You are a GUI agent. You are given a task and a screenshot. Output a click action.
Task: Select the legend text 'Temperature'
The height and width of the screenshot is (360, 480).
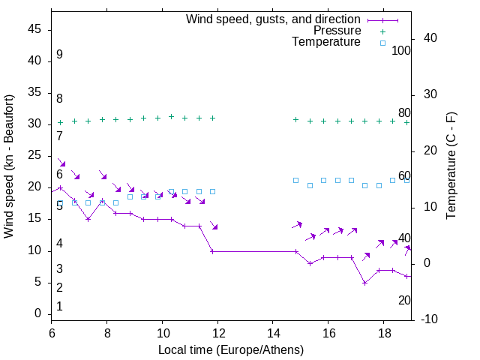click(x=326, y=43)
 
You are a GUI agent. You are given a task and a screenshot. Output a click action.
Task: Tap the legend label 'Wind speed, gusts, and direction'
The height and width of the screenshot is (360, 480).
click(x=273, y=19)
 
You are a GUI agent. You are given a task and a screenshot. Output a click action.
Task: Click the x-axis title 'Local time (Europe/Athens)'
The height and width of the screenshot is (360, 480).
click(x=231, y=349)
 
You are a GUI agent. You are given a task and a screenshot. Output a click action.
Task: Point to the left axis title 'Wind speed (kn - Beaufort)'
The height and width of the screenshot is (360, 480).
click(x=9, y=166)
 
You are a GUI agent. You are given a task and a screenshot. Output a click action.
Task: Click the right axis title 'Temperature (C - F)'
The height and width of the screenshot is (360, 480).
click(x=451, y=166)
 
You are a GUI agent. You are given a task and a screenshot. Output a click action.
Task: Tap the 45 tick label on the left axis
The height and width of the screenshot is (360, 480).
click(x=34, y=29)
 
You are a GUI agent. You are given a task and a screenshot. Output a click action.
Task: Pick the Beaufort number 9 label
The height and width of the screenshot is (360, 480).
click(x=59, y=55)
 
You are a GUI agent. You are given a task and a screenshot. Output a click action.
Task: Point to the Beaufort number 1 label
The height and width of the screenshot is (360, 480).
click(x=59, y=307)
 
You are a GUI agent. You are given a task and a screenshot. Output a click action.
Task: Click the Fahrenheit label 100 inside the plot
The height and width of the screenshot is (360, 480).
click(x=402, y=50)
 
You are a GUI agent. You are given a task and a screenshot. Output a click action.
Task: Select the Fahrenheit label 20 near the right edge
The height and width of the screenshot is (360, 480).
click(x=404, y=301)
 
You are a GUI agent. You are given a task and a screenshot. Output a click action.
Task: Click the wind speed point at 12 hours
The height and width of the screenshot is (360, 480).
click(x=213, y=251)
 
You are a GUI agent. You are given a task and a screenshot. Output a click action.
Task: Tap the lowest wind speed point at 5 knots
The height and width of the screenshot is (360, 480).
click(x=364, y=283)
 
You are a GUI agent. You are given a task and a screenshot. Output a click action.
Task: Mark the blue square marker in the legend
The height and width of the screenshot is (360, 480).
click(x=382, y=43)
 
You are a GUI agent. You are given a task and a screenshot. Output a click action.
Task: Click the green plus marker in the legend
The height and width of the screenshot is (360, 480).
click(x=382, y=31)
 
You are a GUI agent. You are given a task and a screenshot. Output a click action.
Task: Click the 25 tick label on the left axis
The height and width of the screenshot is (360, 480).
click(x=34, y=156)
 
